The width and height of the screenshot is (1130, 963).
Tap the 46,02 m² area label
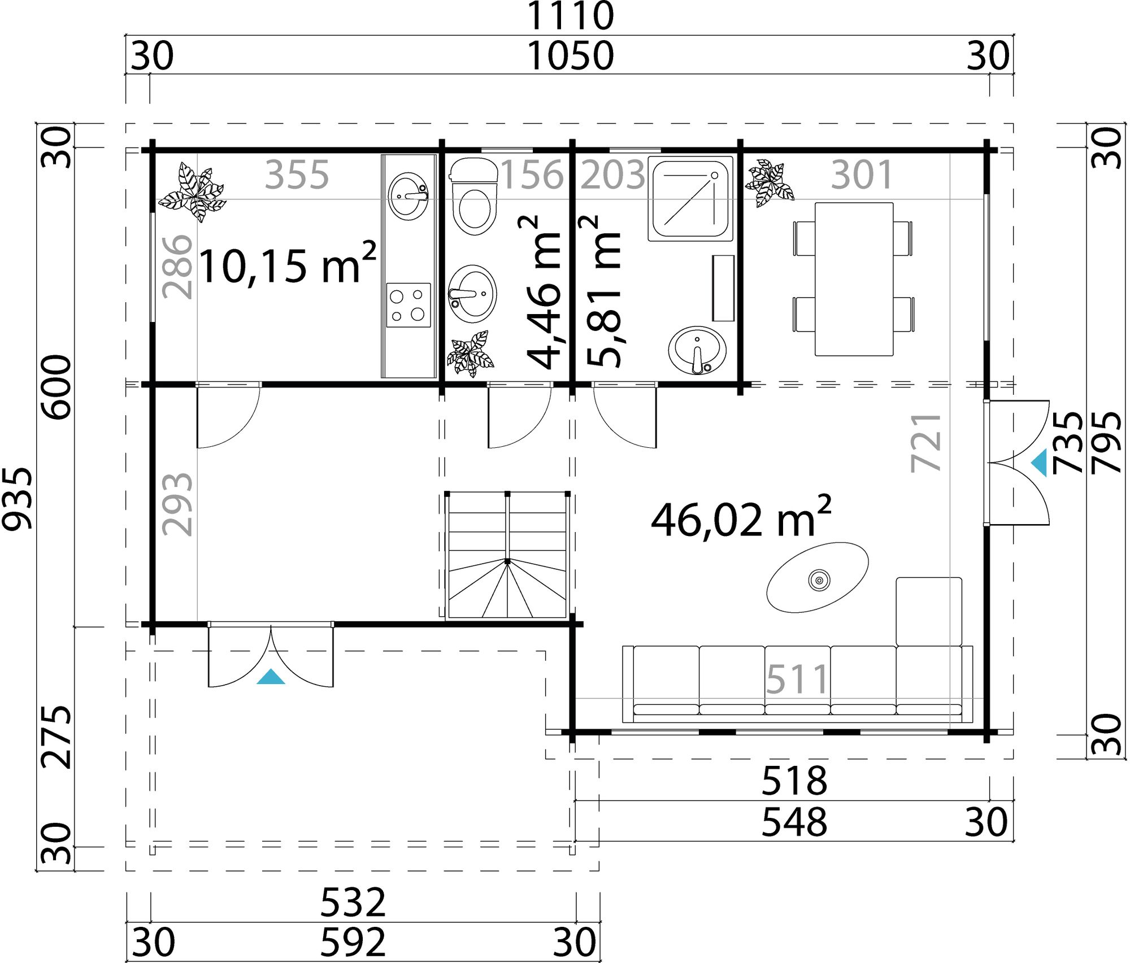click(740, 518)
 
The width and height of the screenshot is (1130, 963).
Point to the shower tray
click(690, 199)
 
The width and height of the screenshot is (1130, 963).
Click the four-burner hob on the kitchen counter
click(408, 305)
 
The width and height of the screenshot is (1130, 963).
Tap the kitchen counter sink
click(408, 196)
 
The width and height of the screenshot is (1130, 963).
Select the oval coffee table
click(817, 578)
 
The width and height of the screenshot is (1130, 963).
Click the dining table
click(854, 279)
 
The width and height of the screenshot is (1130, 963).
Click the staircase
click(507, 556)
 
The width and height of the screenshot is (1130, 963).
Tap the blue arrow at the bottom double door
click(271, 677)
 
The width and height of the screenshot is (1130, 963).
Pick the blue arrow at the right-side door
click(1040, 463)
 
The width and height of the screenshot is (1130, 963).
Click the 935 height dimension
click(17, 498)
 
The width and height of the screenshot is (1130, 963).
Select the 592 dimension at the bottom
click(353, 942)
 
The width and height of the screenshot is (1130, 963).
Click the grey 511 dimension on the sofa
click(797, 679)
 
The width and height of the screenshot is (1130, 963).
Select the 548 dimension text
click(794, 822)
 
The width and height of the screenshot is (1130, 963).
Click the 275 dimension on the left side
click(57, 737)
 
